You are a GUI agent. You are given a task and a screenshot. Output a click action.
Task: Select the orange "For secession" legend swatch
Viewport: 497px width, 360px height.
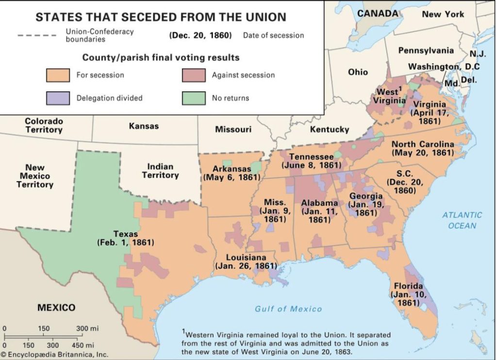(58, 75)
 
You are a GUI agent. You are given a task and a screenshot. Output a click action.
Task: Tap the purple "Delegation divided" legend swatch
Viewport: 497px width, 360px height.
(58, 98)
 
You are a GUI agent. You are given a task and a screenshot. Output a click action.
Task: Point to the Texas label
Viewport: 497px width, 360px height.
(126, 234)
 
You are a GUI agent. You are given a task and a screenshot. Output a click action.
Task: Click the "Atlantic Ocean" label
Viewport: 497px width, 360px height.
(462, 220)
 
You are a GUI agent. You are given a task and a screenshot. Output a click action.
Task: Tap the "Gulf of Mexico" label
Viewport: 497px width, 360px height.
(288, 309)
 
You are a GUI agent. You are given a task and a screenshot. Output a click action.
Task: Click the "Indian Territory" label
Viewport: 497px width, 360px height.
(160, 171)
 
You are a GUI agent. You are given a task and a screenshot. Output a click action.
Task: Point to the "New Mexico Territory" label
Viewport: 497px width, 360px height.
(34, 176)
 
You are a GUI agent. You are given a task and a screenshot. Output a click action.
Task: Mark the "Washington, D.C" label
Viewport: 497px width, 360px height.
(444, 67)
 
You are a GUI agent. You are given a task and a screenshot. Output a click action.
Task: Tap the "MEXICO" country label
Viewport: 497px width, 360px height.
(56, 308)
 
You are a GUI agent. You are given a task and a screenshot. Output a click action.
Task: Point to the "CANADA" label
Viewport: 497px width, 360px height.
(377, 13)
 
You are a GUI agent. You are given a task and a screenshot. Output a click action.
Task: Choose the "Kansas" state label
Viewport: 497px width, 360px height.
(144, 126)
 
